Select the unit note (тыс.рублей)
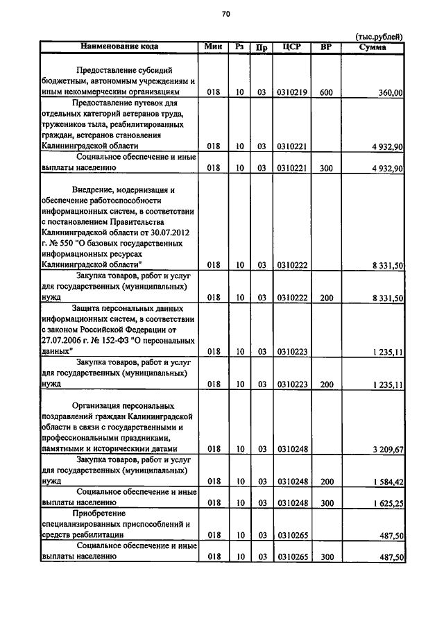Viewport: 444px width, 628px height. pos(378,37)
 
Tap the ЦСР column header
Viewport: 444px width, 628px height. pos(291,46)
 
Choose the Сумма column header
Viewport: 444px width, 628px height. pos(373,46)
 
